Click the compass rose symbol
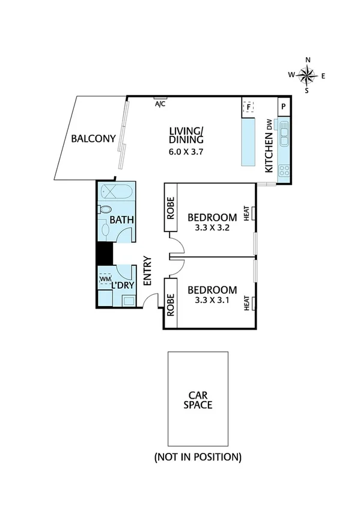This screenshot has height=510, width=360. pyautogui.click(x=308, y=75)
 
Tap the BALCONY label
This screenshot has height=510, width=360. pyautogui.click(x=93, y=139)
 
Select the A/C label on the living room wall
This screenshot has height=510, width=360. pyautogui.click(x=160, y=104)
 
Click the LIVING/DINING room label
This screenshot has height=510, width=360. pyautogui.click(x=186, y=135)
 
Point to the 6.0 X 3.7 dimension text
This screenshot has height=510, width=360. pyautogui.click(x=187, y=152)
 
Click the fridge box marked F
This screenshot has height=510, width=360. pyautogui.click(x=248, y=108)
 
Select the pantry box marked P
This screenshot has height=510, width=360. pyautogui.click(x=284, y=107)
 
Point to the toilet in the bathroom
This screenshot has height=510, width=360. pyautogui.click(x=105, y=210)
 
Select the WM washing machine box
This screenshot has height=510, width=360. pyautogui.click(x=105, y=279)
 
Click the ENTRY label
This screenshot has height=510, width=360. pyautogui.click(x=147, y=271)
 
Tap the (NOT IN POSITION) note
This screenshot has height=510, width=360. pyautogui.click(x=198, y=457)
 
